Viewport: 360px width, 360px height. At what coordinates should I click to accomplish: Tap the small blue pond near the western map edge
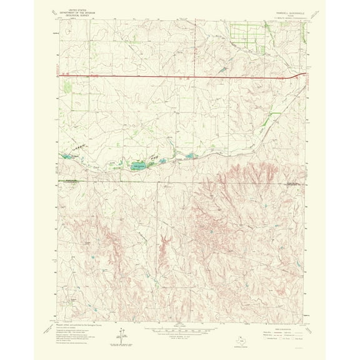pyautogui.click(x=64, y=157)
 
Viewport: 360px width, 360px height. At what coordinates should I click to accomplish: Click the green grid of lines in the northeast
pyautogui.click(x=246, y=33)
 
